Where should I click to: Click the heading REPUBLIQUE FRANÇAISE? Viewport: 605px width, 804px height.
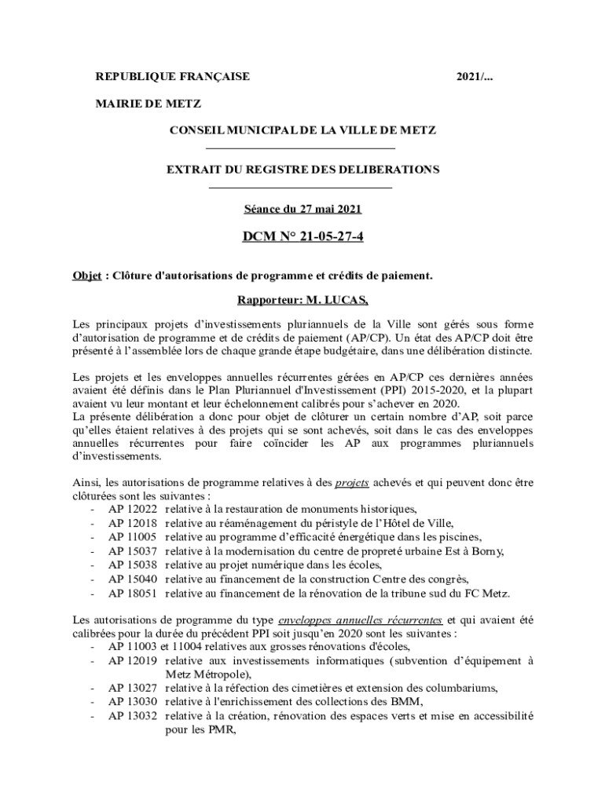(172, 77)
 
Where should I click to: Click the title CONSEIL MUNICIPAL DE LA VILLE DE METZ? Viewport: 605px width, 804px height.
(302, 130)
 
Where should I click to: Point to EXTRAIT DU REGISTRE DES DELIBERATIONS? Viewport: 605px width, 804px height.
(302, 170)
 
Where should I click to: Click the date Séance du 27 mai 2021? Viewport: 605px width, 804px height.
(302, 210)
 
